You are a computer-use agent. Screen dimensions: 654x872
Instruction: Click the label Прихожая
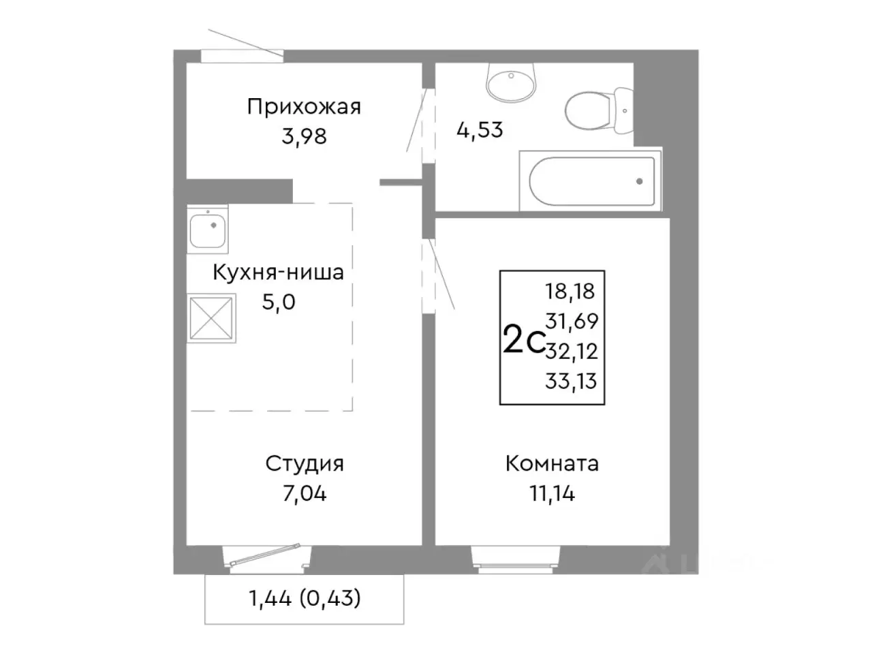click(304, 107)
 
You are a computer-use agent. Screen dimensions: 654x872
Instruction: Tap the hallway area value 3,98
click(304, 136)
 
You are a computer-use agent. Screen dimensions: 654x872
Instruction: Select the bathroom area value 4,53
click(480, 129)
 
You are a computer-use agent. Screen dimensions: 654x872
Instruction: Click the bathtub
click(591, 181)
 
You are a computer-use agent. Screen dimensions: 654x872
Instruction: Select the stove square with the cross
click(212, 317)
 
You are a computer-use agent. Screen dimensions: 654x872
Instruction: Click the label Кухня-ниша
click(278, 273)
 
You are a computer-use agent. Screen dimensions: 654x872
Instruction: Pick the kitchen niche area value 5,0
click(279, 302)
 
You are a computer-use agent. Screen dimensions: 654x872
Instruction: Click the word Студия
click(304, 464)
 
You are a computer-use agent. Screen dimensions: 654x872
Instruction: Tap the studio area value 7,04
click(304, 493)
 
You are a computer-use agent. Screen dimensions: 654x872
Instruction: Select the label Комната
click(552, 464)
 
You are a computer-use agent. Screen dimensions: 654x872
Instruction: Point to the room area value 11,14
click(552, 493)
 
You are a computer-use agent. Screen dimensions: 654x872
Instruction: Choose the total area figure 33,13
click(571, 381)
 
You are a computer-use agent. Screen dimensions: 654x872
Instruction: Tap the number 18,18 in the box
click(570, 292)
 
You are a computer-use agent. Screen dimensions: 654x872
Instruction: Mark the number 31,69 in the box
click(571, 321)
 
